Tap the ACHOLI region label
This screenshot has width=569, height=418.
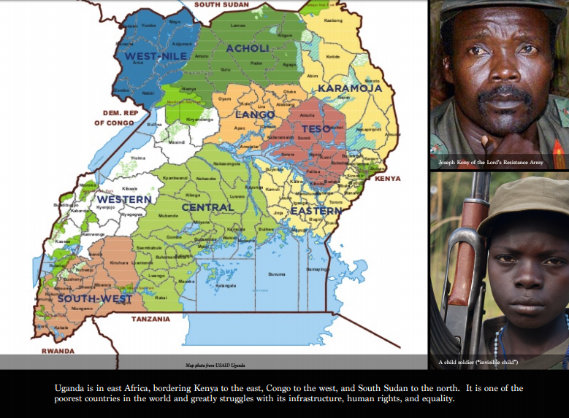tap(248, 49)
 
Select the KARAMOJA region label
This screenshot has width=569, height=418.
tap(350, 88)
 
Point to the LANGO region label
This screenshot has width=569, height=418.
tap(255, 115)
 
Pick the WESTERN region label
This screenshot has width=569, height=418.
tap(124, 199)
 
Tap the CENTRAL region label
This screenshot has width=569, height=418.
tap(208, 207)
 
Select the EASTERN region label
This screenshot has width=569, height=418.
tap(316, 211)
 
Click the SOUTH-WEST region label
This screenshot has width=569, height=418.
tap(95, 299)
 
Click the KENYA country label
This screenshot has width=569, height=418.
tap(388, 178)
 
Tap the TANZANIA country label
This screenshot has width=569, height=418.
tap(150, 320)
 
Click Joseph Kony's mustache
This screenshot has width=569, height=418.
tap(504, 95)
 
